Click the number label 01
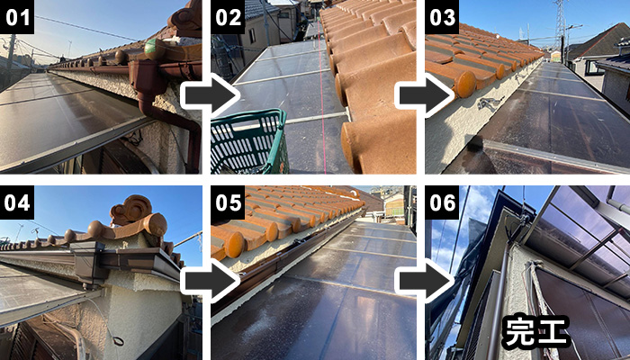click(x=17, y=17)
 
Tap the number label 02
click(x=228, y=17)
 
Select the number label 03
click(x=442, y=17)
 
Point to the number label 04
click(x=17, y=202)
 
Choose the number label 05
click(x=228, y=202)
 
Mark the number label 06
click(x=442, y=202)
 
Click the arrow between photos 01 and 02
click(x=209, y=95)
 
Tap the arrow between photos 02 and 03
click(x=424, y=95)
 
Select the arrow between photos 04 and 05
click(x=209, y=281)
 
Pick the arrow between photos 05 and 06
click(x=424, y=281)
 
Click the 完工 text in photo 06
click(x=535, y=332)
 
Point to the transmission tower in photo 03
click(x=560, y=24)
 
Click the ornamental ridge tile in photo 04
click(x=132, y=211)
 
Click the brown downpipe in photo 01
click(x=169, y=109)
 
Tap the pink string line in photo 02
click(x=322, y=96)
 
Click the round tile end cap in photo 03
click(x=465, y=85)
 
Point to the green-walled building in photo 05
click(x=394, y=205)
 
